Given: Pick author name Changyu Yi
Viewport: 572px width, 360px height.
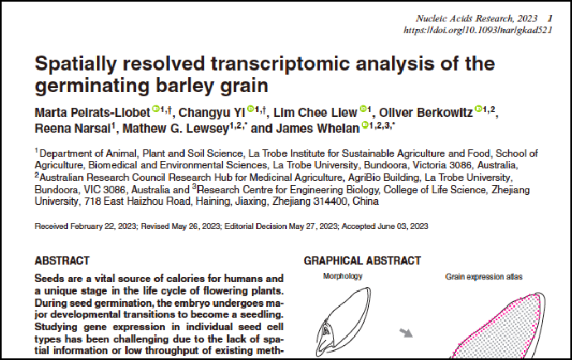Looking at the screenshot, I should point(214,111).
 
